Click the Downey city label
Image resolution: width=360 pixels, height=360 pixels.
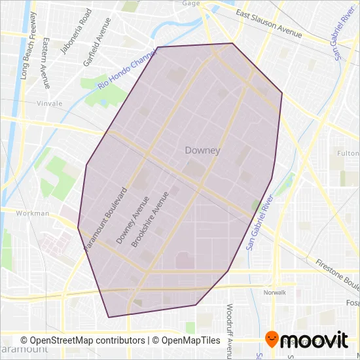coord(202,150)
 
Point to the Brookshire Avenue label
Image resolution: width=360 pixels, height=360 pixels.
coord(145,219)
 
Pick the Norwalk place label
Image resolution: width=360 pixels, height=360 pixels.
coord(276,292)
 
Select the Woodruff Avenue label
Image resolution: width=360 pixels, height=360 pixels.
coord(229,321)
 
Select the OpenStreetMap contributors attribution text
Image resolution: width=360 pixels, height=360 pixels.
coord(82,340)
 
